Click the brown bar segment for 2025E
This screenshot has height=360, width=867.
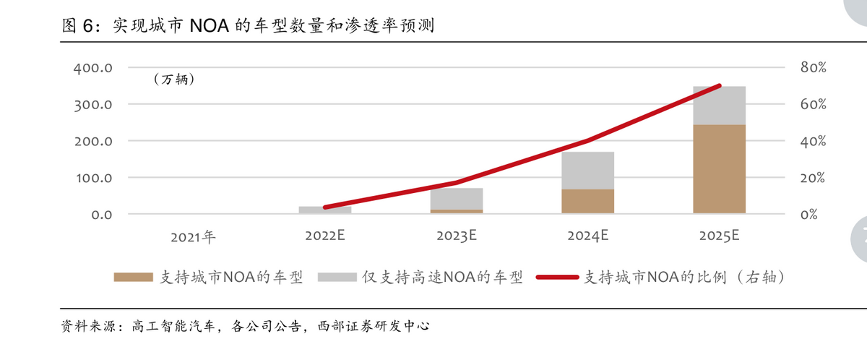pyautogui.click(x=719, y=169)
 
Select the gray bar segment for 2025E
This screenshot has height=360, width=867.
pyautogui.click(x=719, y=106)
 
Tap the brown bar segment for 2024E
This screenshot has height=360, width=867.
pyautogui.click(x=587, y=201)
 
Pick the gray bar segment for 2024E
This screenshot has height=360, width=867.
pyautogui.click(x=587, y=171)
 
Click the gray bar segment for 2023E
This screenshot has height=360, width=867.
pyautogui.click(x=456, y=198)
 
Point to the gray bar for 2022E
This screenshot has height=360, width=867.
pyautogui.click(x=325, y=210)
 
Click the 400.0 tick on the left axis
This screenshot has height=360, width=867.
pyautogui.click(x=92, y=68)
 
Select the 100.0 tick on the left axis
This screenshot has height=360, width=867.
pyautogui.click(x=92, y=178)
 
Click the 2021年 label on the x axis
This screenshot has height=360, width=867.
pyautogui.click(x=193, y=236)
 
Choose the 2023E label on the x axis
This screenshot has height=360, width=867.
pyautogui.click(x=456, y=236)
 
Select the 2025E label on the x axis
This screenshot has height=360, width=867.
pyautogui.click(x=719, y=236)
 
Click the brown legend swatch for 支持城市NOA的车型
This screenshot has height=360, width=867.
pyautogui.click(x=133, y=277)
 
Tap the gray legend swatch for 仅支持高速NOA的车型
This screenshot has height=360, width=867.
pyautogui.click(x=337, y=277)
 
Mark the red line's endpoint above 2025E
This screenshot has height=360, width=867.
pyautogui.click(x=719, y=85)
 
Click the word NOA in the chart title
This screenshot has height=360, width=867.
pyautogui.click(x=210, y=27)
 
